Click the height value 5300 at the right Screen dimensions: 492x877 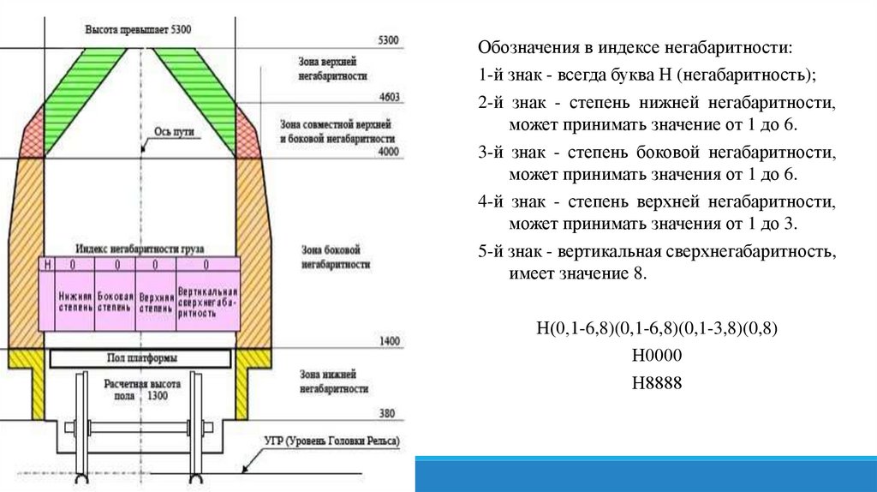[388, 40]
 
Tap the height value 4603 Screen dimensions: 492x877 [388, 98]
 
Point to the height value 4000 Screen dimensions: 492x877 [388, 151]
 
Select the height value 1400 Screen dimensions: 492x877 [388, 341]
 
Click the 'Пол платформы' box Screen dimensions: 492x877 [142, 357]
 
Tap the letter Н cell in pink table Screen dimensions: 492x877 [47, 266]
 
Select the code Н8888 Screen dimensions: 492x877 [656, 382]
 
